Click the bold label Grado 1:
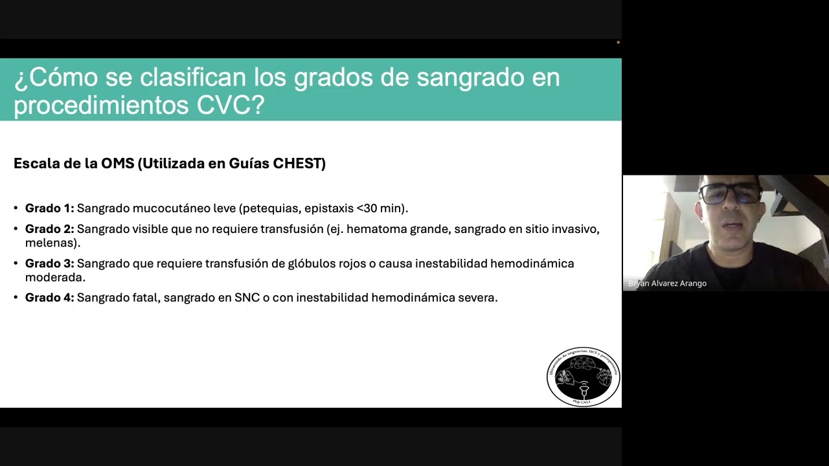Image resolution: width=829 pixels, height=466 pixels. [x=49, y=208]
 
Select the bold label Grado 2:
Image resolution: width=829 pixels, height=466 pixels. [x=49, y=229]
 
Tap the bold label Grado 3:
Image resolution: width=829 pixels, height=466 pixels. [x=49, y=263]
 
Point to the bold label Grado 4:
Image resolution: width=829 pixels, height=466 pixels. [x=49, y=298]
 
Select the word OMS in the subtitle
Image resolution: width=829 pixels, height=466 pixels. [x=117, y=163]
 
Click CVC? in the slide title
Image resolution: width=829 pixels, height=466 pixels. [x=231, y=105]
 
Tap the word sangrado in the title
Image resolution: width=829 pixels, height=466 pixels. [x=463, y=78]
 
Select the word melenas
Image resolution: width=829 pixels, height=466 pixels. [x=51, y=243]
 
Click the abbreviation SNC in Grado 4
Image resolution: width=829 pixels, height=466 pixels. [x=247, y=298]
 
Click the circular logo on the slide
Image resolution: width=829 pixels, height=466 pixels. [x=583, y=377]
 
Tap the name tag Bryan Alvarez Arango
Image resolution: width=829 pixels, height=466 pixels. [x=667, y=283]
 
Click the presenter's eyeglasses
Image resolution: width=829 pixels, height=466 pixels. [x=731, y=193]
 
